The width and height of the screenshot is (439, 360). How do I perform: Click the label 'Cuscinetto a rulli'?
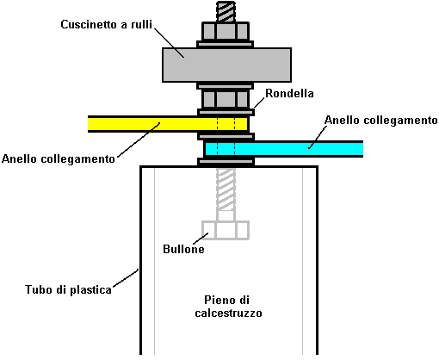106,24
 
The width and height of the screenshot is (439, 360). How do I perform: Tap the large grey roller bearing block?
226,65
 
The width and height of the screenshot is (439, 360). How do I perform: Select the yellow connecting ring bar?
168,124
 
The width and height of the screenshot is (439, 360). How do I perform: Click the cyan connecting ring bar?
283,149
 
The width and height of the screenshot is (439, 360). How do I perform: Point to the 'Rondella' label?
289,93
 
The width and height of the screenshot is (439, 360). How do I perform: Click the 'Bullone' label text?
183,249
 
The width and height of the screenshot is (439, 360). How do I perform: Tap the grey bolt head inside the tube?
226,230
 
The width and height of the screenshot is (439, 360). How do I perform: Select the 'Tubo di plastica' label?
68,289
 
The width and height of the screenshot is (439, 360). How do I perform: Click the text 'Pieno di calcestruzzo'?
228,307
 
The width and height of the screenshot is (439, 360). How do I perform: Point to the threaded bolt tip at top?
226,11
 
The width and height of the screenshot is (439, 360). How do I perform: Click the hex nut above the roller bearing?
226,31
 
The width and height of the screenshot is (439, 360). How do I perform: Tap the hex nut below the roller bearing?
226,99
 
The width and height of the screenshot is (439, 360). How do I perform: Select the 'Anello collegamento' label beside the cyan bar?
381,120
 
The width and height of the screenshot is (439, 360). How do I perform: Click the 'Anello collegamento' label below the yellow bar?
59,158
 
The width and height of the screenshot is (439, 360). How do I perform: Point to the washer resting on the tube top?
226,162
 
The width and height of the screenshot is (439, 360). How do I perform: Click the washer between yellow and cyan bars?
226,136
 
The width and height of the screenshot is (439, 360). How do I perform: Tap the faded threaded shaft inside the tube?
226,189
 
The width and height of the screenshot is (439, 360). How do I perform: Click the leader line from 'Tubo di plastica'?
126,277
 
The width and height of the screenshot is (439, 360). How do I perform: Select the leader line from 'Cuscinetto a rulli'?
170,42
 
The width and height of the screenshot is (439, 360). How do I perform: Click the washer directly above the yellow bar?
226,112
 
